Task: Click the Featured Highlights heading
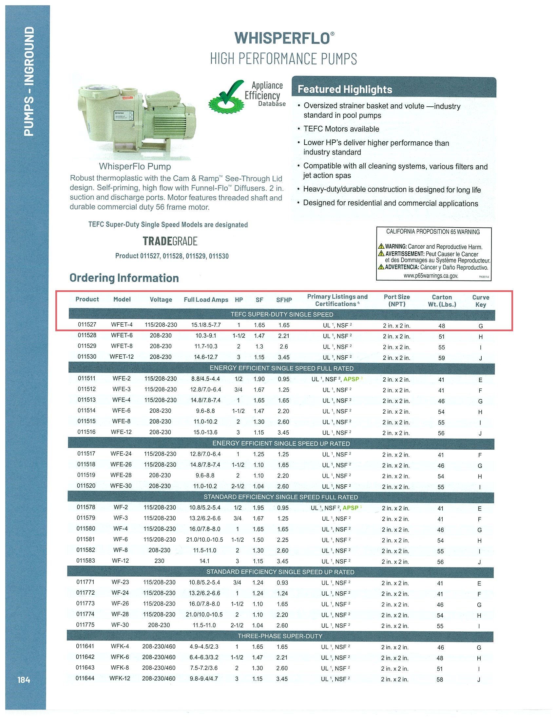pyautogui.click(x=345, y=89)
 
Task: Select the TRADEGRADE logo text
pyautogui.click(x=170, y=241)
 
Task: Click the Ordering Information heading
pyautogui.click(x=124, y=278)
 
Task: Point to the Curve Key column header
pyautogui.click(x=480, y=300)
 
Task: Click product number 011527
pyautogui.click(x=87, y=324)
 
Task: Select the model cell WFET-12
pyautogui.click(x=122, y=357)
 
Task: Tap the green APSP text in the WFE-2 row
pyautogui.click(x=351, y=379)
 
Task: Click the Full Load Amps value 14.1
pyautogui.click(x=204, y=561)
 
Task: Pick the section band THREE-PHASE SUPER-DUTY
pyautogui.click(x=280, y=636)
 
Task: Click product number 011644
pyautogui.click(x=85, y=678)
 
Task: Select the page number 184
pyautogui.click(x=24, y=680)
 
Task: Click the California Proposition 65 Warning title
pyautogui.click(x=433, y=232)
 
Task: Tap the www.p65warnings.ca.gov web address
pyautogui.click(x=431, y=276)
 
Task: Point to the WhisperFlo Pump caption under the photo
pyautogui.click(x=135, y=167)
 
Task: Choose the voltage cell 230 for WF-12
pyautogui.click(x=159, y=561)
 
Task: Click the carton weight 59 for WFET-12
pyautogui.click(x=442, y=358)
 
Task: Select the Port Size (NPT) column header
pyautogui.click(x=397, y=300)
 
